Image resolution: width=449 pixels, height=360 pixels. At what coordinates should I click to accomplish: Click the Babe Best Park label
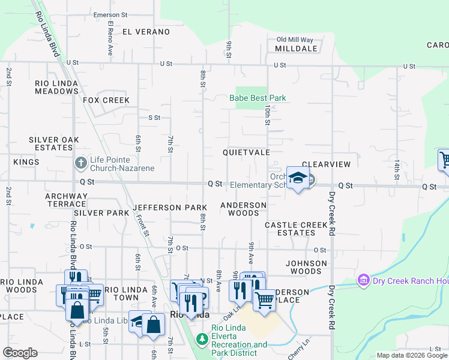pyautogui.click(x=258, y=98)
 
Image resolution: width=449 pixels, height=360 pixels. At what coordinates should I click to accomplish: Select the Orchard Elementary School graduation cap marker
pyautogui.click(x=297, y=178)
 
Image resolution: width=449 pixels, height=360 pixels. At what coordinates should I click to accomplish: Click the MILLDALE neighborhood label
pyautogui.click(x=296, y=48)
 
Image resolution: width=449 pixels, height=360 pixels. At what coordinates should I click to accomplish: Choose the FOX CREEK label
pyautogui.click(x=106, y=100)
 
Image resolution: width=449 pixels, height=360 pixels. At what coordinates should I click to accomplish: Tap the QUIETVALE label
pyautogui.click(x=246, y=153)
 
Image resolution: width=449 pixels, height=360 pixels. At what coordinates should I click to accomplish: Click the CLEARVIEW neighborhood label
pyautogui.click(x=326, y=164)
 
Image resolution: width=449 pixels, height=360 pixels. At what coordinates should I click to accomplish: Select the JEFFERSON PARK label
pyautogui.click(x=170, y=208)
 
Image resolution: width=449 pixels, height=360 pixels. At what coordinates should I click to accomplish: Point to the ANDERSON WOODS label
pyautogui.click(x=243, y=209)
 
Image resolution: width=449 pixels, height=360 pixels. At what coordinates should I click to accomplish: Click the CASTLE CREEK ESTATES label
pyautogui.click(x=297, y=229)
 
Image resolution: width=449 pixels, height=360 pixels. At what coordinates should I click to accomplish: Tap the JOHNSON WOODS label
pyautogui.click(x=306, y=267)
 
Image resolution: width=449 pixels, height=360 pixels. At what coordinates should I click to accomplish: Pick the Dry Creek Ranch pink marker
pyautogui.click(x=363, y=280)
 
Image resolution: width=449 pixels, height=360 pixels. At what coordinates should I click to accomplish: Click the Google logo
pyautogui.click(x=20, y=353)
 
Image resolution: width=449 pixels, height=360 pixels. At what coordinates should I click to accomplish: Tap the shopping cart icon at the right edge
pyautogui.click(x=444, y=161)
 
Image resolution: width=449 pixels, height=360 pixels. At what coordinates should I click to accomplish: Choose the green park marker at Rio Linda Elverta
pyautogui.click(x=202, y=340)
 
